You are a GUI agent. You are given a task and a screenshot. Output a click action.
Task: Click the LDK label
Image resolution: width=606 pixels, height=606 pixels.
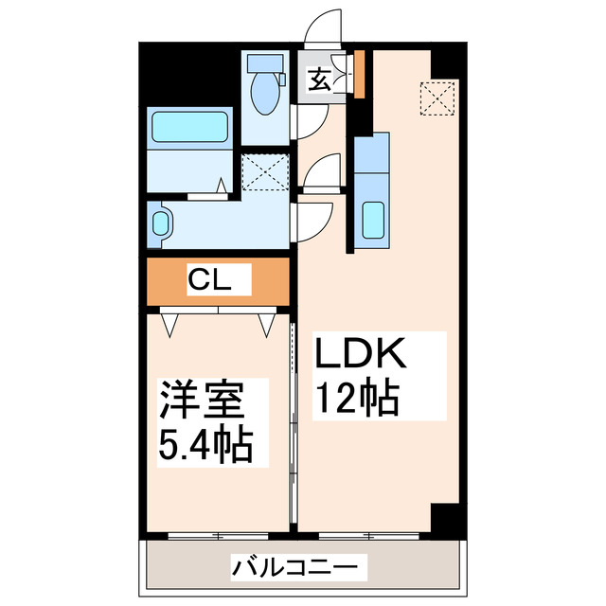(361, 358)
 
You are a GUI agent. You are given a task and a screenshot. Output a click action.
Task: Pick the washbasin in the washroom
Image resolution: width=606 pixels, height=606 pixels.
(162, 224)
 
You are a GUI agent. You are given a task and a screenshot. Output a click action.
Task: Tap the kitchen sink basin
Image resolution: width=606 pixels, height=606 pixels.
(372, 221)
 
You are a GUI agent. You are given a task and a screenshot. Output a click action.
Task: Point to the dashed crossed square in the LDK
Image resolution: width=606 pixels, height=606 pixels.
(437, 98)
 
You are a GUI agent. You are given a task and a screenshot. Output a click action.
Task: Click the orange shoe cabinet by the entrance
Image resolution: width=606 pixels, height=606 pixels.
(360, 74)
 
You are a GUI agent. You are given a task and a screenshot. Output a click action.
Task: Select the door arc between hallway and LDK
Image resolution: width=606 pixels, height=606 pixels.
(322, 170)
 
